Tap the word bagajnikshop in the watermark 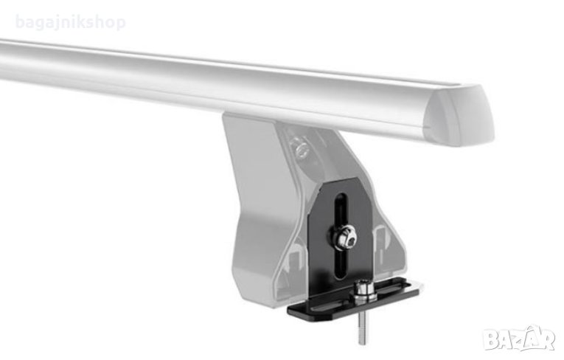click(x=71, y=22)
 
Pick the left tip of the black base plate click(x=288, y=310)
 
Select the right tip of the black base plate click(x=423, y=285)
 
